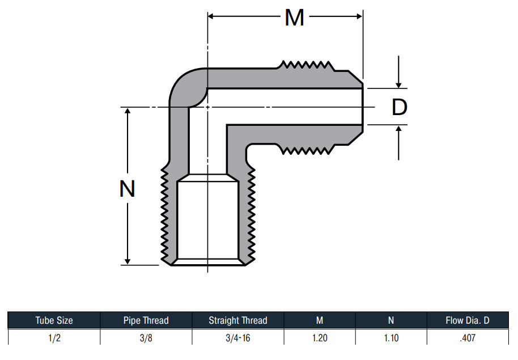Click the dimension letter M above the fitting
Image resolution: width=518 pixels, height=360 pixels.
[x=294, y=18]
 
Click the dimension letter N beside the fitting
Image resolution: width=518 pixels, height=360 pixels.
[x=127, y=189]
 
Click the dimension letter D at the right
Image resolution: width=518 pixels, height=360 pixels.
[x=399, y=107]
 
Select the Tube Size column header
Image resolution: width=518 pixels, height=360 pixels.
[x=54, y=320]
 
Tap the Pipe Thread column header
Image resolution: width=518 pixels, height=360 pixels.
[x=146, y=320]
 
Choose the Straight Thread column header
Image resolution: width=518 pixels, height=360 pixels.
[x=238, y=320]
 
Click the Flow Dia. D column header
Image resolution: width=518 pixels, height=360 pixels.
[x=468, y=320]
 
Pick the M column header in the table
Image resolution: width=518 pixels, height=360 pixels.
[x=320, y=320]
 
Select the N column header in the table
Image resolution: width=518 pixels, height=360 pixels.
[x=391, y=320]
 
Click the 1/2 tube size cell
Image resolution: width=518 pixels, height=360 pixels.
[x=54, y=338]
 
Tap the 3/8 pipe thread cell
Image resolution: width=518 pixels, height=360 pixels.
[x=146, y=338]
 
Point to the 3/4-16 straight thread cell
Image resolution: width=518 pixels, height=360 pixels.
[x=238, y=338]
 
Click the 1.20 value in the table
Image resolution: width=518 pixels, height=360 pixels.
[x=320, y=338]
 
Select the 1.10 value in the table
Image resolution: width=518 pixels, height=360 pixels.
[x=391, y=338]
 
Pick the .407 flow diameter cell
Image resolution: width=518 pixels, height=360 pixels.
[x=468, y=338]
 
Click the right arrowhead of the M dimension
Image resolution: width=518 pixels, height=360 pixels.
[x=360, y=16]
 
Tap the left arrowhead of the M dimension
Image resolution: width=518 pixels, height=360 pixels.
[x=211, y=16]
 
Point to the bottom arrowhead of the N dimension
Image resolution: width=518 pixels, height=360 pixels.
[x=128, y=261]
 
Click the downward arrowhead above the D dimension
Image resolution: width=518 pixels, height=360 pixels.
[x=398, y=84]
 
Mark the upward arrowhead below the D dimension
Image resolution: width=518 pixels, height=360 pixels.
[x=398, y=129]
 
